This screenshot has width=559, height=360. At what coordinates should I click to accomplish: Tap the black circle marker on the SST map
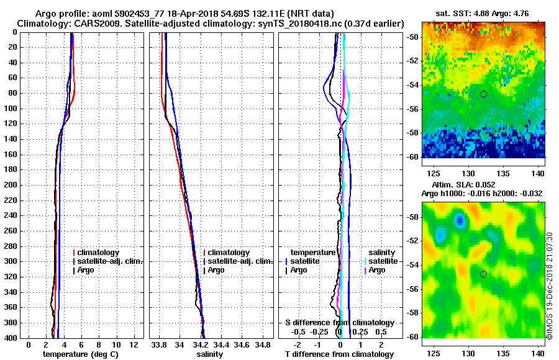tap(483, 94)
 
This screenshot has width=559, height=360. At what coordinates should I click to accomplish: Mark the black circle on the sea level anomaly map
tap(483, 274)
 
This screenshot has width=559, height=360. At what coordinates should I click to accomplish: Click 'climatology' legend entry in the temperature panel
tap(102, 253)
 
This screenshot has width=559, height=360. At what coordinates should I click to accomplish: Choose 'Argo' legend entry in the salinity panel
tap(216, 270)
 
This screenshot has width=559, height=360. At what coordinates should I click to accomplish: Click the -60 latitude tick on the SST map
tap(413, 156)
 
